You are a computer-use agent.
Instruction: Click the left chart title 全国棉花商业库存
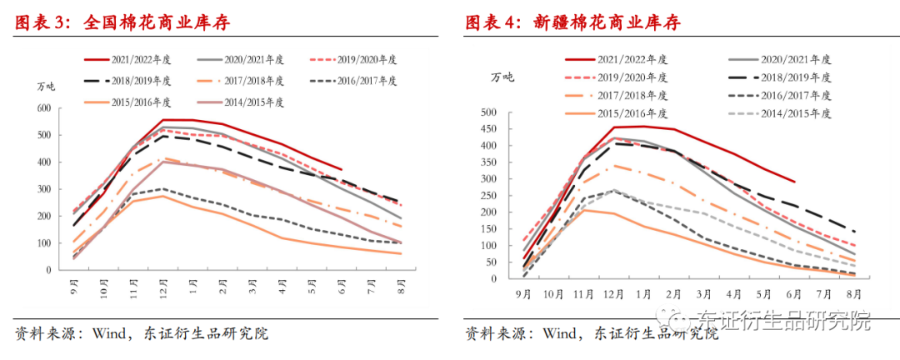[157, 23]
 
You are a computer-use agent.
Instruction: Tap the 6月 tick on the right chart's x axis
[793, 294]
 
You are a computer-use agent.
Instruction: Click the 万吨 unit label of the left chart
[47, 87]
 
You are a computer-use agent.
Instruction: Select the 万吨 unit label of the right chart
[502, 77]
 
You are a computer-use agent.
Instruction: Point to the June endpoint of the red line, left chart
[341, 169]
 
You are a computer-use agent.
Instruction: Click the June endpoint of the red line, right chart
[793, 182]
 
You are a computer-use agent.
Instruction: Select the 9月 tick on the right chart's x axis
[523, 294]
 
